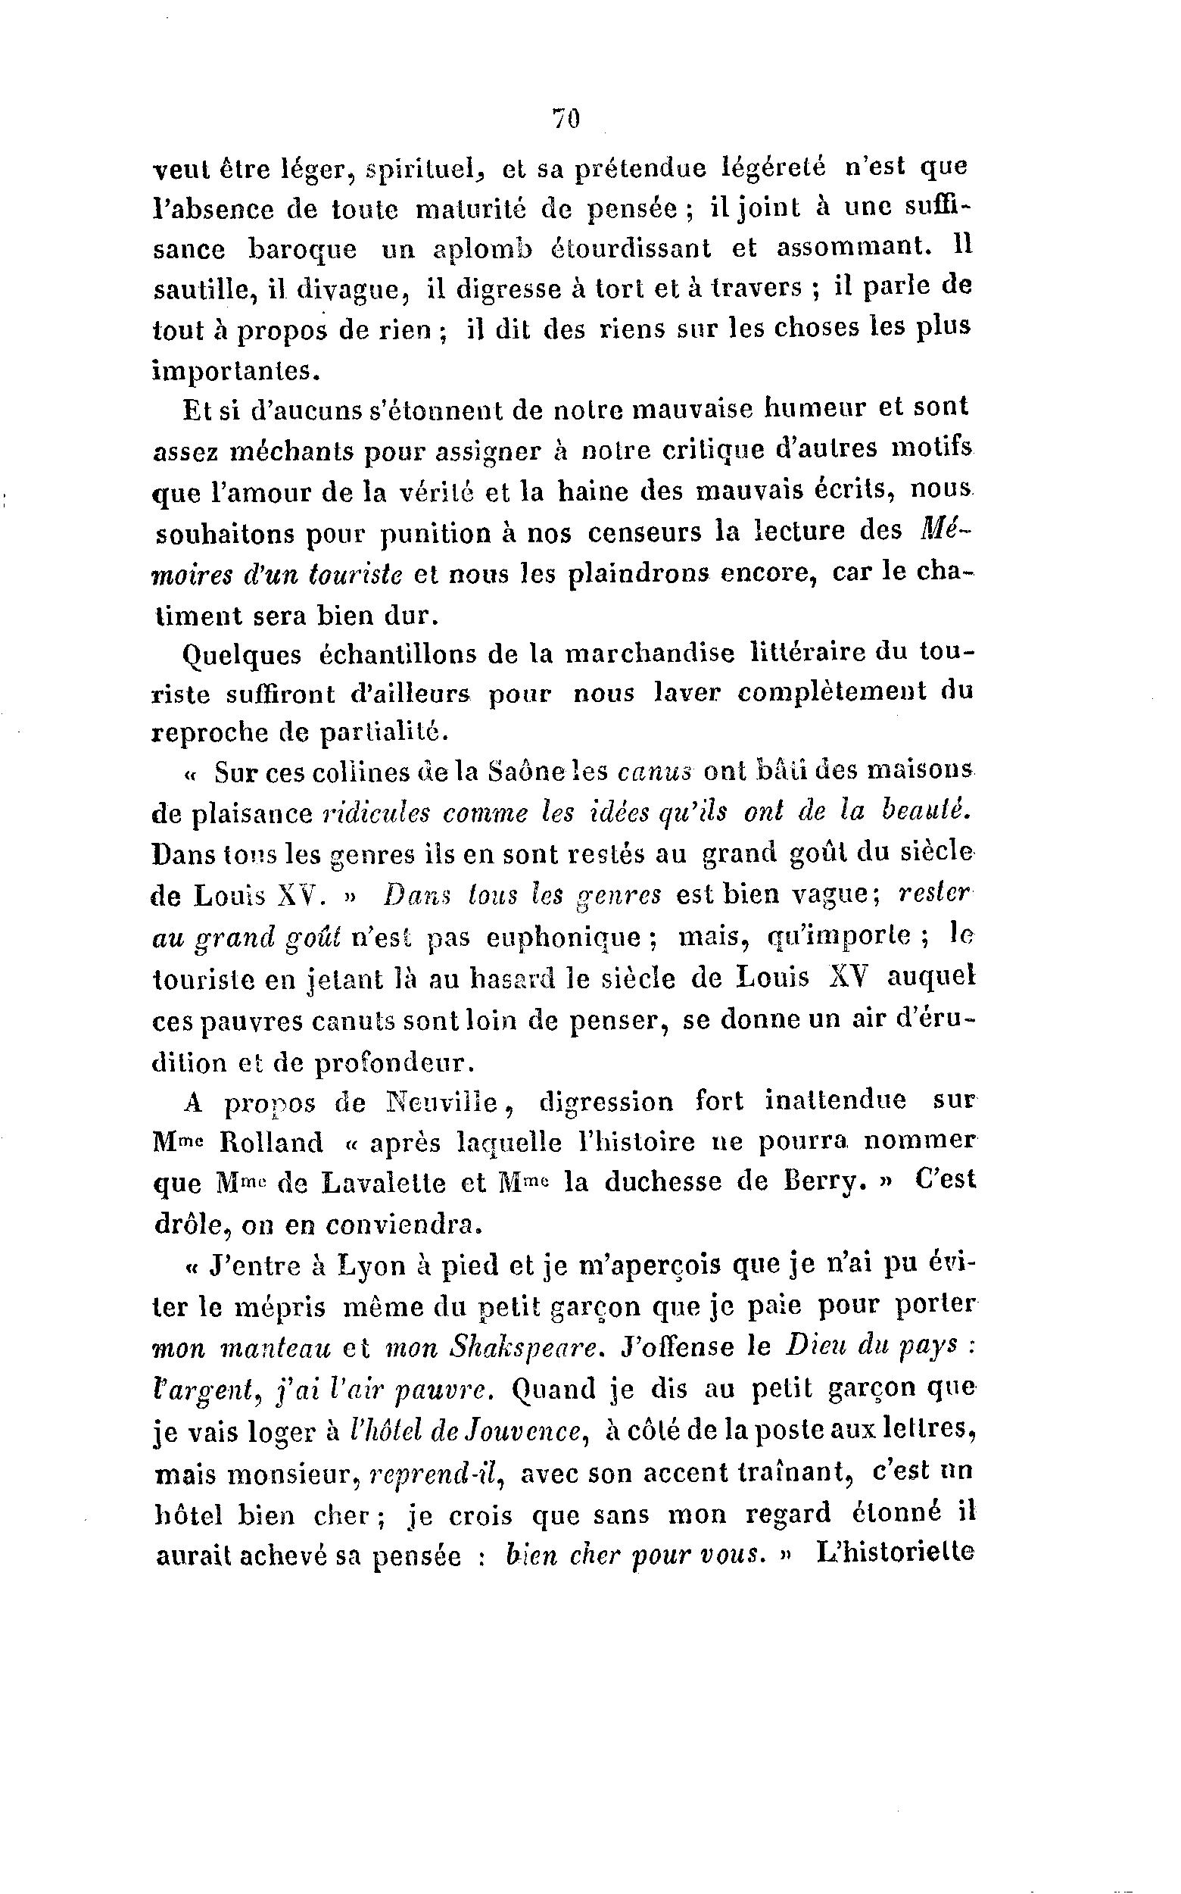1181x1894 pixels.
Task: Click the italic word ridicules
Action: tap(375, 813)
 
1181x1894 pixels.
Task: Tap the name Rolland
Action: tap(272, 1143)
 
